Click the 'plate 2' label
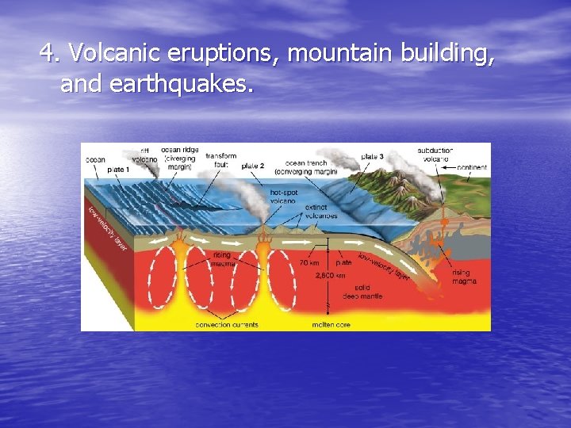tap(252, 166)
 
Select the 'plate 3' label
tap(372, 157)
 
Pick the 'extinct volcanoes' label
tap(321, 212)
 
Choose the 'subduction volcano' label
tap(435, 154)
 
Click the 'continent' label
tap(472, 167)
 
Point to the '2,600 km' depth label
tap(330, 276)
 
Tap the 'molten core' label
tap(331, 324)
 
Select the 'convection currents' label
tap(227, 324)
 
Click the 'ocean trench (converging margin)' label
tap(305, 167)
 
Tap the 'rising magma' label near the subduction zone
tap(464, 277)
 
